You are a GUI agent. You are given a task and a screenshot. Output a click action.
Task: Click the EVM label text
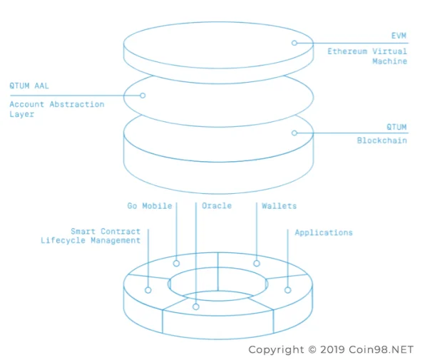point(399,36)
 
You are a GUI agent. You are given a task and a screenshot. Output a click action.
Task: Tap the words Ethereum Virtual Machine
point(367,56)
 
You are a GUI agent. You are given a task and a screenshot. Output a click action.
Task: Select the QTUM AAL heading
point(29,86)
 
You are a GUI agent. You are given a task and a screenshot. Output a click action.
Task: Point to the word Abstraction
point(77,104)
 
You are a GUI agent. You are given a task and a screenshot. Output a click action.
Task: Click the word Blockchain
point(382,140)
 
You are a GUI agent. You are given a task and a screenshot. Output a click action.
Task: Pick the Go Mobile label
point(150,206)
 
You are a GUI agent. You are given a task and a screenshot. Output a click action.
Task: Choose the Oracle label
point(217,205)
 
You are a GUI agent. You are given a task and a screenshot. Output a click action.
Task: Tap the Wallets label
point(280,206)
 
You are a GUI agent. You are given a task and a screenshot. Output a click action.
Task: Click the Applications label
point(324,232)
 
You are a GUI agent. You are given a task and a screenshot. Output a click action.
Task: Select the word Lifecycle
point(63,240)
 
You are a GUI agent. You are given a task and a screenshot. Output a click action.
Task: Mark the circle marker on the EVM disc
point(295,43)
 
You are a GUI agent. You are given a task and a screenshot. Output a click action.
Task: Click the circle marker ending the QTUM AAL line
point(143,96)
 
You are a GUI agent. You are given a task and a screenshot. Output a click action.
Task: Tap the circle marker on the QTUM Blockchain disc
point(295,133)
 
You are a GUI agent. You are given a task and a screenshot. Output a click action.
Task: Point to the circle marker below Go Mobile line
point(176,263)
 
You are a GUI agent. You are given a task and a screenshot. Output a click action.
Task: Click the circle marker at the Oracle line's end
point(196,307)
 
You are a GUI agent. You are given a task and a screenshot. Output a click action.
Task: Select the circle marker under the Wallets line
point(257,263)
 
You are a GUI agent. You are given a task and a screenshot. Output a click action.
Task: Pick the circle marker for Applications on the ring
point(288,290)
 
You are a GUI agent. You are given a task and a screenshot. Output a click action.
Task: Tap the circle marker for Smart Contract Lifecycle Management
point(148,290)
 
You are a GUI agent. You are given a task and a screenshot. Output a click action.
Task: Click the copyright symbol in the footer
point(312,349)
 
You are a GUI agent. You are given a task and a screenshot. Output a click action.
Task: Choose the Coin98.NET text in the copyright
point(381,349)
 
